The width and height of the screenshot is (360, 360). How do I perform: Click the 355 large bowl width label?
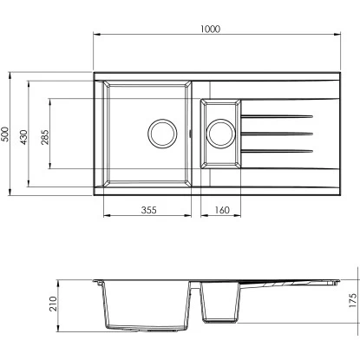147,211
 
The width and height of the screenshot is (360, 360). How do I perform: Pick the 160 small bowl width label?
220,211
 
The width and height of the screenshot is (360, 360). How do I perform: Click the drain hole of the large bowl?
161,133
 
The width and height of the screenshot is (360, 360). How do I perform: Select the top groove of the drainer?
276,115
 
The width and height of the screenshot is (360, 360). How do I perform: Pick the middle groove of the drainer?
276,133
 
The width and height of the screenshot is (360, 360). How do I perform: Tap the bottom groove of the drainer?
276,151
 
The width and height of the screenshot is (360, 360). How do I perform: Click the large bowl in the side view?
147,308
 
